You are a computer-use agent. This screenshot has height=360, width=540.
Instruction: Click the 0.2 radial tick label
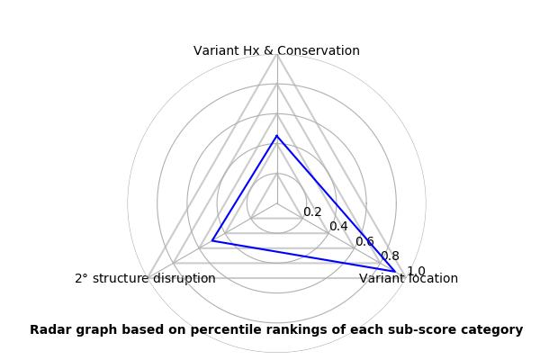312,211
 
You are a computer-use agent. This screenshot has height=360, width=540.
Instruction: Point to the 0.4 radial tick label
338,226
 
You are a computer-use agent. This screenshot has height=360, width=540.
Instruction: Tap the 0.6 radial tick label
364,241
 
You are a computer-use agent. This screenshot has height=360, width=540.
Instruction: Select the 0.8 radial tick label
391,256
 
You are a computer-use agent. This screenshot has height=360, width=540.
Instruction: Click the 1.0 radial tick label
416,271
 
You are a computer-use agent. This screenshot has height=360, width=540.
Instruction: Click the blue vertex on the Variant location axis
395,272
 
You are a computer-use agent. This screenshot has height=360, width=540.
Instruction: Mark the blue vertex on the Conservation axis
277,136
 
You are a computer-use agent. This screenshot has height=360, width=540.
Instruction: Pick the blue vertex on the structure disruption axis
211,240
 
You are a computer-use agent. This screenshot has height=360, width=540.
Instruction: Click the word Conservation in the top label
319,50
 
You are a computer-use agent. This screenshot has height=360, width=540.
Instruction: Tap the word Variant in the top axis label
216,50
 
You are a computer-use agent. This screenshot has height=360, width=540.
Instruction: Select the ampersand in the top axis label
268,50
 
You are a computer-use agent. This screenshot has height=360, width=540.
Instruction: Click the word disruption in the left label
184,278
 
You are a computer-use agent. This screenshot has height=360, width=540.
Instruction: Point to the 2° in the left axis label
82,278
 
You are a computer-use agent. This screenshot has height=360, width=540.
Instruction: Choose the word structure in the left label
121,278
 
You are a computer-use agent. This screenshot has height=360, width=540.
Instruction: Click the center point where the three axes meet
277,203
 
